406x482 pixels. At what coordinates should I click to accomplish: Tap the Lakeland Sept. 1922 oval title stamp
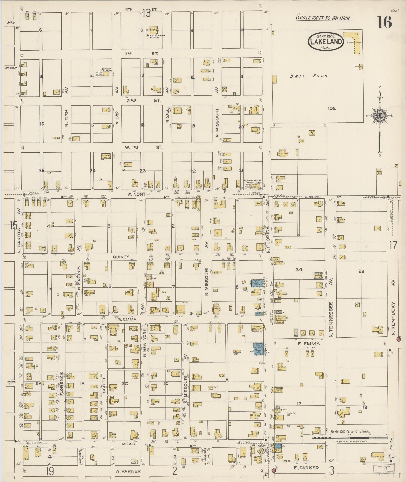[325, 41]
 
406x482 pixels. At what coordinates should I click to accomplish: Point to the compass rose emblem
[379, 116]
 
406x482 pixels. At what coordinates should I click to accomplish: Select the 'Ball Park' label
[309, 76]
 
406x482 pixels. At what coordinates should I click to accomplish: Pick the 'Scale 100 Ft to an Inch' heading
[323, 18]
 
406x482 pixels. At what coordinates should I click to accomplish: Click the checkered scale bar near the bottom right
[350, 438]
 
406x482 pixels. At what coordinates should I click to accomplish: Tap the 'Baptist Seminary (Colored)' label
[156, 37]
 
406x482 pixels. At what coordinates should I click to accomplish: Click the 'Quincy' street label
[121, 257]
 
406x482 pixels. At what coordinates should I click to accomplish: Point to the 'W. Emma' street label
[127, 319]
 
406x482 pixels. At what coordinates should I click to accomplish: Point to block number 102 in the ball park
[332, 108]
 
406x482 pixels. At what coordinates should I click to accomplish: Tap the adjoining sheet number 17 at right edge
[393, 245]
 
